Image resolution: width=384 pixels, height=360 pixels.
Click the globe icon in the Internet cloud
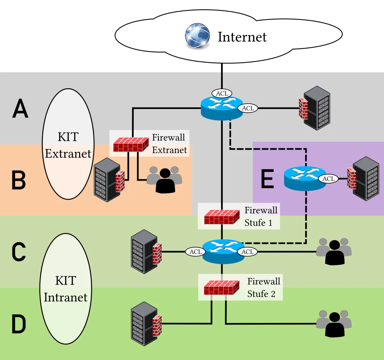[197, 36]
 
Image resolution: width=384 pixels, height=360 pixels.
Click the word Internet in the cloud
[242, 37]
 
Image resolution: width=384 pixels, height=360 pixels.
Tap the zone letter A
[20, 109]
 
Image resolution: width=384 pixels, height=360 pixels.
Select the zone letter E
[267, 179]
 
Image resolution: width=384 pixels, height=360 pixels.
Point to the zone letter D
[19, 324]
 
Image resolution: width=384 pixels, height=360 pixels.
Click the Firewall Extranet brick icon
[131, 144]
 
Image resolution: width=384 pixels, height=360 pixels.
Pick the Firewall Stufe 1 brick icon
[222, 217]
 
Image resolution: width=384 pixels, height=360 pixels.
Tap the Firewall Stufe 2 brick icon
[221, 287]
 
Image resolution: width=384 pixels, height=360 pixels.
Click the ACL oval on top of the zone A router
[222, 93]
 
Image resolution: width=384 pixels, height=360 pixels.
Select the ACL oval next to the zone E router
[328, 179]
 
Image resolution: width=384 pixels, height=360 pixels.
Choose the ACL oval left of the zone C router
[195, 252]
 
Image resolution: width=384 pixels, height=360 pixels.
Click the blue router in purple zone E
[305, 178]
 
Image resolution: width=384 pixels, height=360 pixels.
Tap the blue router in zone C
[223, 252]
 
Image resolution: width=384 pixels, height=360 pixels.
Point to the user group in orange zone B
[164, 180]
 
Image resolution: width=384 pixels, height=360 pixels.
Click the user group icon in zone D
[334, 324]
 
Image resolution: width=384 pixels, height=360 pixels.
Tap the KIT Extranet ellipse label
[68, 145]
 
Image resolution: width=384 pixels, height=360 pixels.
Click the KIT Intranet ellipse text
[66, 289]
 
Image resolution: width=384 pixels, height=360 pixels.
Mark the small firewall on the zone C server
[157, 254]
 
